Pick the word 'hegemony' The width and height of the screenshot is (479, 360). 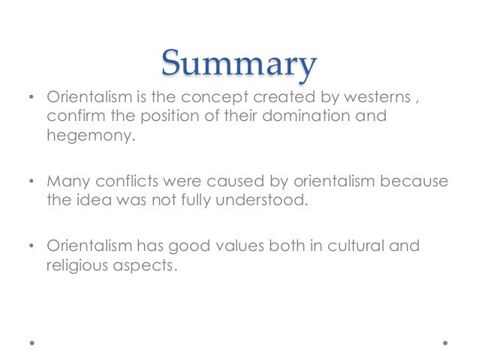(x=80, y=137)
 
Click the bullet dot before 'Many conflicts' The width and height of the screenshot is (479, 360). (x=31, y=183)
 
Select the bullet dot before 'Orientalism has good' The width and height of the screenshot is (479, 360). (x=31, y=247)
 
